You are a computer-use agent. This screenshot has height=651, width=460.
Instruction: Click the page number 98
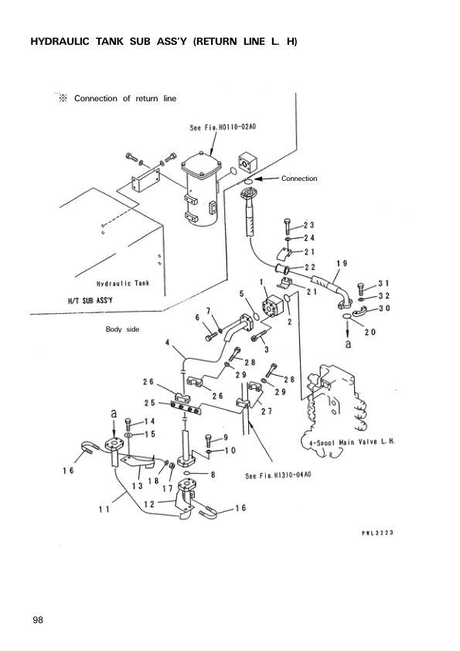pyautogui.click(x=37, y=620)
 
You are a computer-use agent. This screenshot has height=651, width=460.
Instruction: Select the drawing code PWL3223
pyautogui.click(x=379, y=533)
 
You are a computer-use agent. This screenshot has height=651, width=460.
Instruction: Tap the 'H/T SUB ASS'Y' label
pyautogui.click(x=93, y=298)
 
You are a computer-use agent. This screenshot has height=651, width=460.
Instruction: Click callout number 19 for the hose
pyautogui.click(x=341, y=264)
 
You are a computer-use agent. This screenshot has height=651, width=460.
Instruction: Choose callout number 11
pyautogui.click(x=104, y=509)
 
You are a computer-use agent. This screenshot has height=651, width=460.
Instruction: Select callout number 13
pyautogui.click(x=137, y=486)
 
